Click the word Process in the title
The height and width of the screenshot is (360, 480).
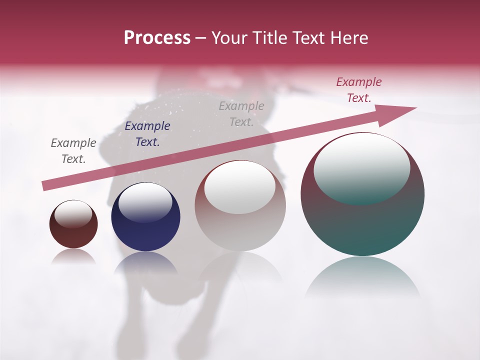point(157,38)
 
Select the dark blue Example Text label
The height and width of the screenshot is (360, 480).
point(147,134)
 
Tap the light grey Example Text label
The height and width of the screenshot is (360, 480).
point(241,113)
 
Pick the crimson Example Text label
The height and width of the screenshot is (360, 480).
point(358,90)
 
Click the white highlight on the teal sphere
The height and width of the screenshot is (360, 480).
point(361,167)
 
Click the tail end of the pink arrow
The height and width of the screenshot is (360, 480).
point(46,185)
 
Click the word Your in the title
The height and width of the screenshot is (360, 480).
point(228,38)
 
